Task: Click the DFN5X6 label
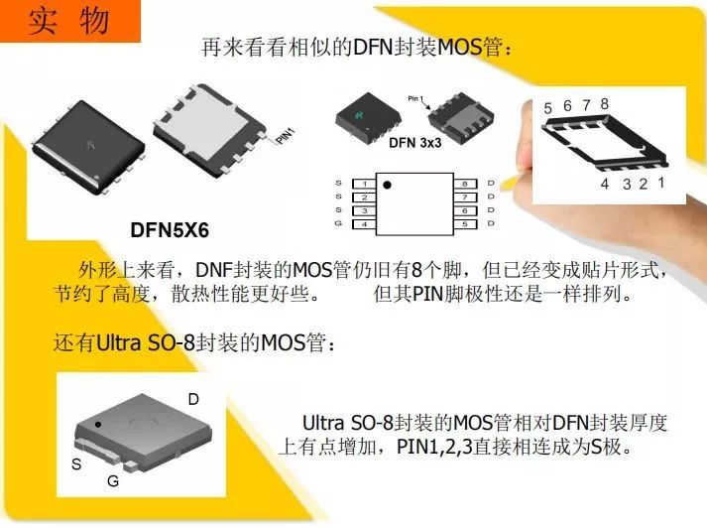coord(170,230)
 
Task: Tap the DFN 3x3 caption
coord(414,143)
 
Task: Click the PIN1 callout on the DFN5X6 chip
coord(285,136)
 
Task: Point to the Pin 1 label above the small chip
coord(415,98)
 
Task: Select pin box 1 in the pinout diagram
coord(364,184)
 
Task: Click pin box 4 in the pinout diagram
coord(364,224)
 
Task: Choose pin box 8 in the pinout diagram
coord(465,184)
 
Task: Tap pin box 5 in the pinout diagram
coord(465,224)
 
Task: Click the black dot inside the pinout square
coord(387,185)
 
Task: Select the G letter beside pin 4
coord(338,223)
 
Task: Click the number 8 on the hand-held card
coord(604,104)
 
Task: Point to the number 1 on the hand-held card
coord(660,183)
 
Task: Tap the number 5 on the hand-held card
coord(547,108)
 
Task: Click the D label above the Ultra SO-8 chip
coord(193,399)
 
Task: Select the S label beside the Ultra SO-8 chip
coord(76,463)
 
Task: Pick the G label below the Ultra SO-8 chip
coord(113,481)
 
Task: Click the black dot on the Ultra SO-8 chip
coord(98,425)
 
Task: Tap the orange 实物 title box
coord(70,21)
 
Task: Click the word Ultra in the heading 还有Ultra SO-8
coord(118,343)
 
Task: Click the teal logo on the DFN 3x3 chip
coord(359,114)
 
